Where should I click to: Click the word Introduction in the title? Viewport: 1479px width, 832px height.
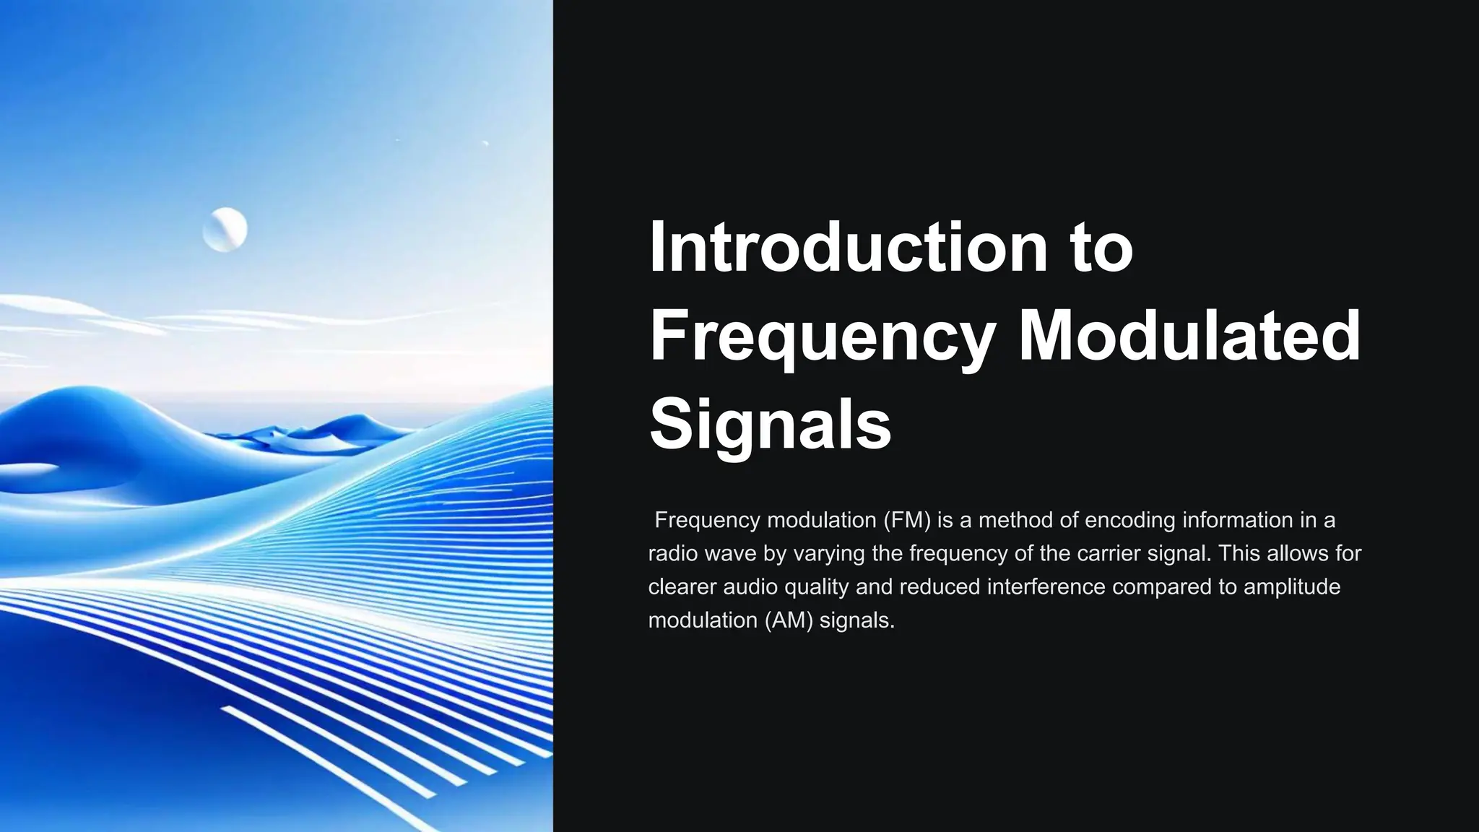pyautogui.click(x=845, y=247)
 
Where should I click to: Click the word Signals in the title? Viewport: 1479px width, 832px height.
pyautogui.click(x=770, y=424)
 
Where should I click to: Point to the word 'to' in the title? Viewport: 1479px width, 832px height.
pyautogui.click(x=1101, y=247)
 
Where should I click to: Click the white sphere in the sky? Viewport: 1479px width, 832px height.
pyautogui.click(x=225, y=230)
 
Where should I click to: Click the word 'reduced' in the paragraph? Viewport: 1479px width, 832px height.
pyautogui.click(x=940, y=586)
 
